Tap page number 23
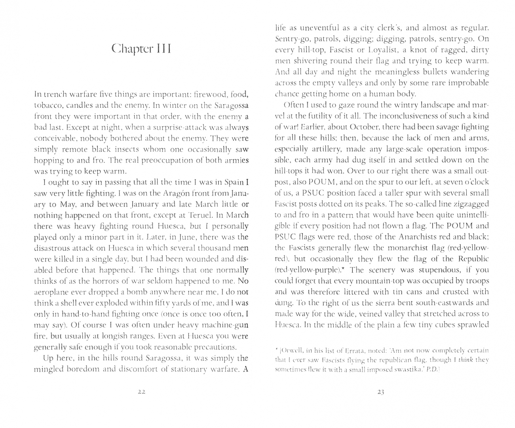click(x=381, y=392)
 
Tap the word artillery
click(x=321, y=149)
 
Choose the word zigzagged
click(x=471, y=204)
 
